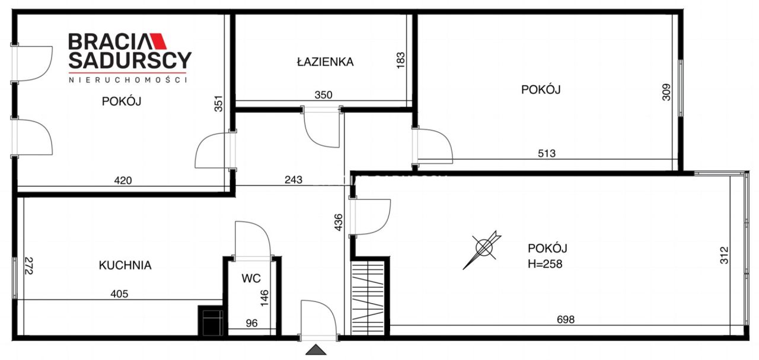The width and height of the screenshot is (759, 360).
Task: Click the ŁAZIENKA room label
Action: pos(325,61)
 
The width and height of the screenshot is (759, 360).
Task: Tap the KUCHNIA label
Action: pos(125,265)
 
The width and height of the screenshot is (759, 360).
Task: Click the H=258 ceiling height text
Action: pos(545,264)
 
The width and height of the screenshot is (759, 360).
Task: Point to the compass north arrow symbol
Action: pos(485,248)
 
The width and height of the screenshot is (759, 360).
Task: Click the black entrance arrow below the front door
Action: pos(316,350)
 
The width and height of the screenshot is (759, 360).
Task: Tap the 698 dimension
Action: pos(566,320)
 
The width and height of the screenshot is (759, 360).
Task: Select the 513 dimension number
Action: pos(547,154)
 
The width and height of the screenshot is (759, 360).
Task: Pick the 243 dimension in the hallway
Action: pos(293,180)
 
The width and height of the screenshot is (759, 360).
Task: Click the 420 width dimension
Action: pos(123,180)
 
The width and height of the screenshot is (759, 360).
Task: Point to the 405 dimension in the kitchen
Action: pos(119,293)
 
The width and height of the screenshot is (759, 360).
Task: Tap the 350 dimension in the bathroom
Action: pos(323,94)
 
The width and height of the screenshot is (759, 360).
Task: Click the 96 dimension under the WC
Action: pos(253,324)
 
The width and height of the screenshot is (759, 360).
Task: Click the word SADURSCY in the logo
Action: pos(130,60)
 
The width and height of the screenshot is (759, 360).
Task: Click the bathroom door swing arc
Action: pos(321,130)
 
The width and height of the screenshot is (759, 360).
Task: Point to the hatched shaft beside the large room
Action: pos(368,297)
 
